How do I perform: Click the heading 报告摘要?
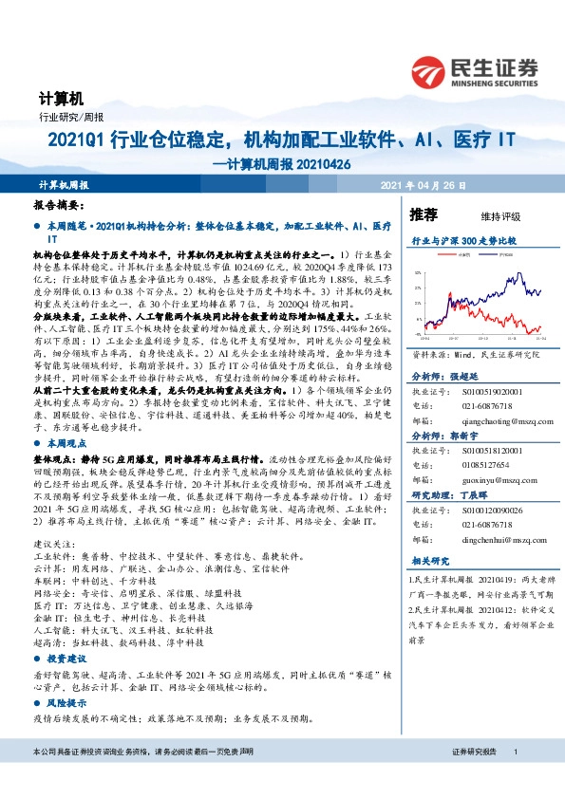pyautogui.click(x=59, y=205)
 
